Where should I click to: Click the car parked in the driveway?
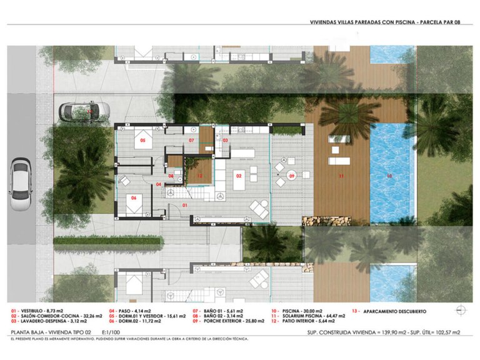[x=84, y=111]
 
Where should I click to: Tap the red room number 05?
[x=142, y=141]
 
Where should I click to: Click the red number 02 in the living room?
[x=239, y=176]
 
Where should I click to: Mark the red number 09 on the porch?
[x=291, y=177]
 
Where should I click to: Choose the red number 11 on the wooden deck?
[x=341, y=177]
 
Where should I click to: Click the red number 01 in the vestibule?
[x=185, y=204]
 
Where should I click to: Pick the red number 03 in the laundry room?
[x=225, y=141]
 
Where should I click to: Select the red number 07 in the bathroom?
[x=192, y=141]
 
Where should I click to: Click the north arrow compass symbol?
[x=461, y=310]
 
